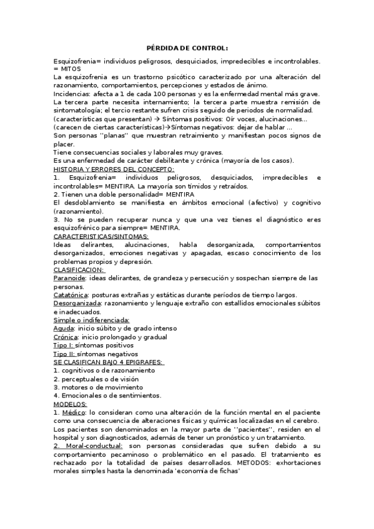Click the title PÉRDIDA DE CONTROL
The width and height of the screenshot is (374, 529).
187,48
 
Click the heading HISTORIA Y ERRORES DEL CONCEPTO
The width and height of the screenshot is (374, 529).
114,169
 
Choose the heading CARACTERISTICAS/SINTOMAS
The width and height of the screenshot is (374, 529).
101,236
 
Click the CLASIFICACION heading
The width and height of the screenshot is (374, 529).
79,269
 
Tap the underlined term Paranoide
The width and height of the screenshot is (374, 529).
70,278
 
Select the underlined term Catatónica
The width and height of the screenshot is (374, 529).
71,294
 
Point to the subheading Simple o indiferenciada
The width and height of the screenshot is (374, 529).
91,320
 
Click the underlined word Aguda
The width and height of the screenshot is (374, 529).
64,328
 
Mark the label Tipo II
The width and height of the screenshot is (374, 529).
64,353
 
